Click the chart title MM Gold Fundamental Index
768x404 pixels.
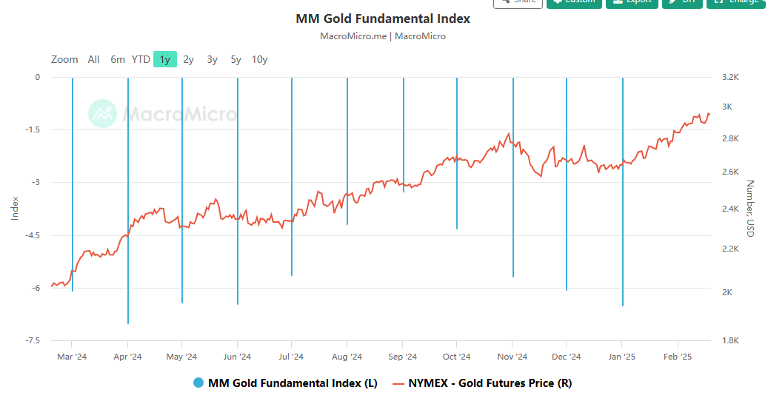[x=383, y=18]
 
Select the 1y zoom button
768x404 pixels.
[x=164, y=59]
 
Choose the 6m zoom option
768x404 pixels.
[x=118, y=59]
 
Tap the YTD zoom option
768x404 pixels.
[x=141, y=59]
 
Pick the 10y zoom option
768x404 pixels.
[x=259, y=59]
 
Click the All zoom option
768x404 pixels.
[x=93, y=59]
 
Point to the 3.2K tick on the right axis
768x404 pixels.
[x=730, y=77]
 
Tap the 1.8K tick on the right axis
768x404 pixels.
[x=730, y=340]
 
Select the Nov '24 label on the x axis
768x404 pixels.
[x=512, y=357]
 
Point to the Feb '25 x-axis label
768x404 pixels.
[x=677, y=357]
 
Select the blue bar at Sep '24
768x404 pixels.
[x=404, y=133]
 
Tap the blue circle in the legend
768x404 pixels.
[x=198, y=383]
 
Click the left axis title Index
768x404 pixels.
[x=15, y=208]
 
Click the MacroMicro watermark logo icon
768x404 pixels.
[x=102, y=114]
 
